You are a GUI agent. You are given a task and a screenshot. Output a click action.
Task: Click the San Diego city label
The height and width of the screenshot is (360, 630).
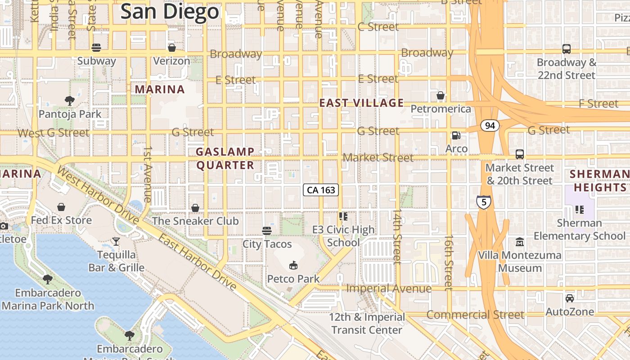pos(170,12)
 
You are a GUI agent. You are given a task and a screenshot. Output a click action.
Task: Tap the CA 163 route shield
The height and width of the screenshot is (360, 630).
pos(321,190)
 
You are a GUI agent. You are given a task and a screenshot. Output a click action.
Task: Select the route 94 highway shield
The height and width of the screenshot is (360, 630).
pos(490,126)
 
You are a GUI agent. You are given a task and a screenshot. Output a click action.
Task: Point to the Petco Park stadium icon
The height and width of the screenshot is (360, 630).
pos(293,265)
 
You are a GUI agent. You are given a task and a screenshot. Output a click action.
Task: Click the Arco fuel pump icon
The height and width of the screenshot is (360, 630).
pos(456,135)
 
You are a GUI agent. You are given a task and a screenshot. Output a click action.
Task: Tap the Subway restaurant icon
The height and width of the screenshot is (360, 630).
pos(96,48)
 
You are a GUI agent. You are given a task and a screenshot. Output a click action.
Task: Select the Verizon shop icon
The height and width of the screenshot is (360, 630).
pos(171,48)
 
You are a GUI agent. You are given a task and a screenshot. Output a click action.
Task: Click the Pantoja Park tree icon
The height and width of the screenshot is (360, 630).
pos(70,101)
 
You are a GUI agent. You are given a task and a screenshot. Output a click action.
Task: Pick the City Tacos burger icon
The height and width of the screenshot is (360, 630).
pos(267,231)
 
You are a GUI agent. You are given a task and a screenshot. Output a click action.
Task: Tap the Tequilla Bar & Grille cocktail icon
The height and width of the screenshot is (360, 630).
pos(116,242)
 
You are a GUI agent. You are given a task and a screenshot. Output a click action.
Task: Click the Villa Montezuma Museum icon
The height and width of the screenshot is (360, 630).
pos(520,242)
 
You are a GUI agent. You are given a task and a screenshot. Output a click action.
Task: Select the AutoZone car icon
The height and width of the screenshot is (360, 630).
pos(569,298)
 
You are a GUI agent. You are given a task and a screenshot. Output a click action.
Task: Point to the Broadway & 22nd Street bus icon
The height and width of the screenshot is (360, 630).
pos(567,49)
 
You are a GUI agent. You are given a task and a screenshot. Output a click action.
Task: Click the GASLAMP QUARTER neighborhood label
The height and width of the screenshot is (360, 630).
pos(225,158)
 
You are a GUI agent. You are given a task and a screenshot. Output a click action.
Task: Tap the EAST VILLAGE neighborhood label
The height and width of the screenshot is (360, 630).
pos(361,103)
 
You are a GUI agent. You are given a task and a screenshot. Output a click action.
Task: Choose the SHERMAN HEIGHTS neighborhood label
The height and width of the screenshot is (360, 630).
pos(598,180)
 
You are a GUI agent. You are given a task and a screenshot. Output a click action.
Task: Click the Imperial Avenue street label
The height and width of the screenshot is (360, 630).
pos(388,288)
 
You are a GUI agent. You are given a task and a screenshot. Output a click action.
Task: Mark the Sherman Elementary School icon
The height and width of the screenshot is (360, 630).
pos(579,210)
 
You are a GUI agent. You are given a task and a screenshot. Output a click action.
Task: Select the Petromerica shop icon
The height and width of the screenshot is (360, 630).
pos(441,96)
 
